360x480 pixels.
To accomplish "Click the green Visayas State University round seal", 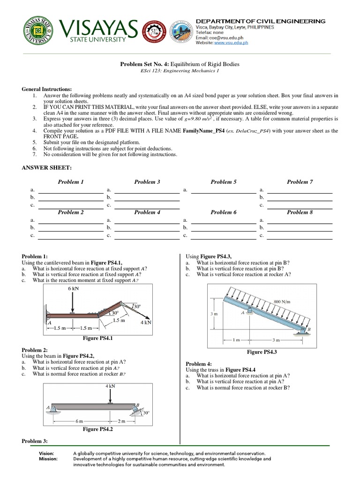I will [x=39, y=31].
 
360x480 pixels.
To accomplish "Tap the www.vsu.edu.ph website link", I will [x=231, y=43].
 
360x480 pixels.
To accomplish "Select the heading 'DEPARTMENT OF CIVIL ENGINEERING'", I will [x=260, y=21].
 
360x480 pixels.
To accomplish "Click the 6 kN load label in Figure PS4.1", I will [x=73, y=289].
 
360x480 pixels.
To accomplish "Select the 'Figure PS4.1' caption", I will [x=97, y=338].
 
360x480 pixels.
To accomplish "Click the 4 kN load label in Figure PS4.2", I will [x=110, y=386].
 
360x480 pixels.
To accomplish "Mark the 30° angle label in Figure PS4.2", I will [x=146, y=413].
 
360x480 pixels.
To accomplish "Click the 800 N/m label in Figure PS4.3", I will [x=281, y=302].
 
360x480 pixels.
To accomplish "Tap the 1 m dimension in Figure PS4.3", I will [x=238, y=339].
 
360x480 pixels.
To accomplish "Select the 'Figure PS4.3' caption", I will [x=262, y=352].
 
